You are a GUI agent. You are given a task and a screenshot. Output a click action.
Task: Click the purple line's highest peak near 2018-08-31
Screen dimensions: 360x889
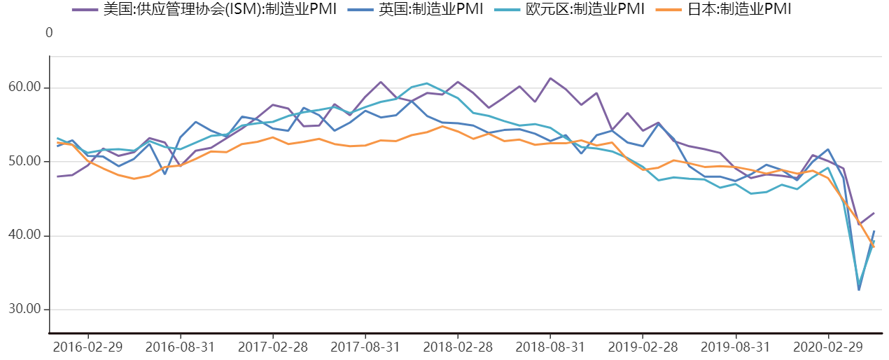click(x=550, y=78)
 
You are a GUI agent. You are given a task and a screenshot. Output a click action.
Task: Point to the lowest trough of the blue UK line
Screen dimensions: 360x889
click(x=859, y=289)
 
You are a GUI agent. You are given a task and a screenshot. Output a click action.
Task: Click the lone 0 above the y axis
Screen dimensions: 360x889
click(x=49, y=33)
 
